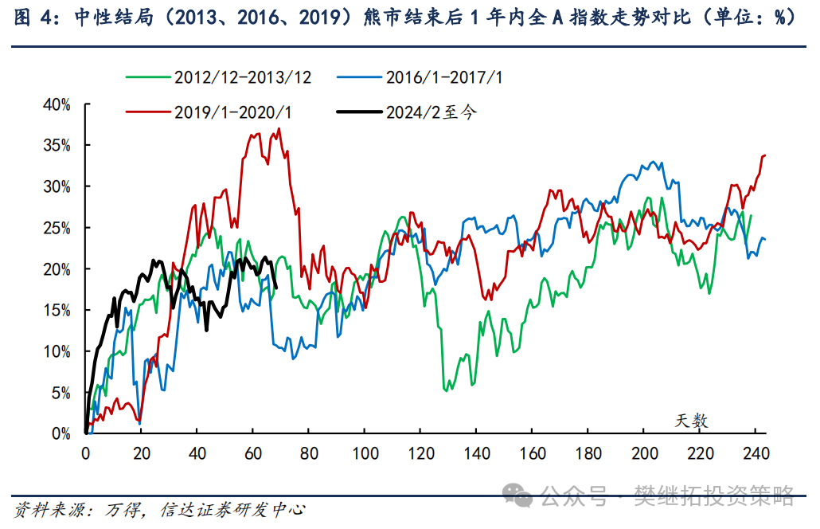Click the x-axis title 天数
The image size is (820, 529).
[x=693, y=420]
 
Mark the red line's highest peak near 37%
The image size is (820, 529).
[x=279, y=129]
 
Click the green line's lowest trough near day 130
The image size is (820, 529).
[x=446, y=390]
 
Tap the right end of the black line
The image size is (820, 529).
[x=276, y=287]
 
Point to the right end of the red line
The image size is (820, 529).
[x=764, y=155]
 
